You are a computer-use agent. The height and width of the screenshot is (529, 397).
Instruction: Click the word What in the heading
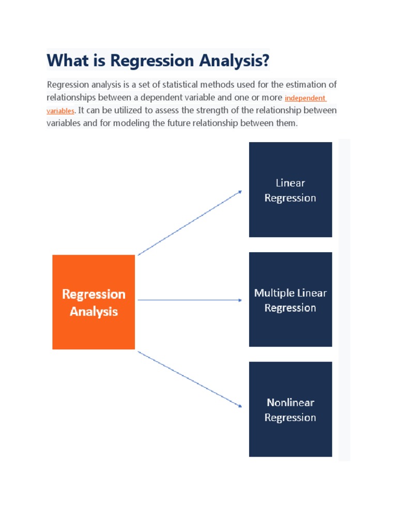pyautogui.click(x=67, y=61)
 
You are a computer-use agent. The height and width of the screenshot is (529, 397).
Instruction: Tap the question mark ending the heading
pyautogui.click(x=266, y=61)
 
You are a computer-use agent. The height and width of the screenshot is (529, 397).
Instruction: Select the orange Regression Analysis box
pyautogui.click(x=94, y=302)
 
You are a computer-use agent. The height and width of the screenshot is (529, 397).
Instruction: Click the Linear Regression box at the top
pyautogui.click(x=291, y=190)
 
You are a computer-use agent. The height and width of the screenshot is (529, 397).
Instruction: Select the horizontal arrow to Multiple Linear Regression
pyautogui.click(x=190, y=300)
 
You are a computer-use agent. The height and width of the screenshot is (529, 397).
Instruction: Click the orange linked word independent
pyautogui.click(x=305, y=98)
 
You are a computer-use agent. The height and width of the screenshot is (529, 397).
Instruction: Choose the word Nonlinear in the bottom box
pyautogui.click(x=291, y=402)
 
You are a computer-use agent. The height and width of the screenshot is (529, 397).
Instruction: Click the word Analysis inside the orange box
pyautogui.click(x=94, y=312)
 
